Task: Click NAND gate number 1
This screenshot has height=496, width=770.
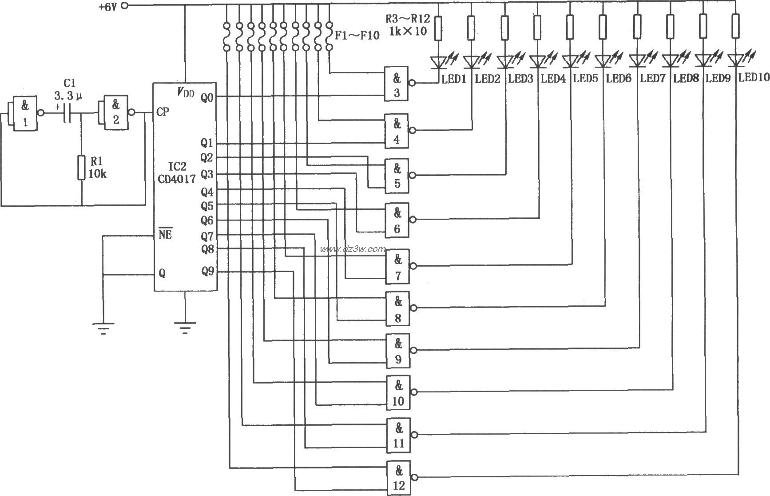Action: click(24, 114)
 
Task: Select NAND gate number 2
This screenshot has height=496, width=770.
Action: click(115, 113)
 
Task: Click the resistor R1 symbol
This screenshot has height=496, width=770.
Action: click(81, 168)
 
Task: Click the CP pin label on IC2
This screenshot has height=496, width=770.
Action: click(163, 112)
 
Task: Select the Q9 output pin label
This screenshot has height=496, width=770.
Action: click(208, 271)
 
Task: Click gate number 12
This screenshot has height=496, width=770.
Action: click(398, 478)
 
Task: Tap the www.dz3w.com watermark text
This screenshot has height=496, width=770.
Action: click(353, 249)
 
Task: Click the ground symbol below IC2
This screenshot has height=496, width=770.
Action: click(185, 328)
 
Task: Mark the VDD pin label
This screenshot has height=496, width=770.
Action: click(186, 92)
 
